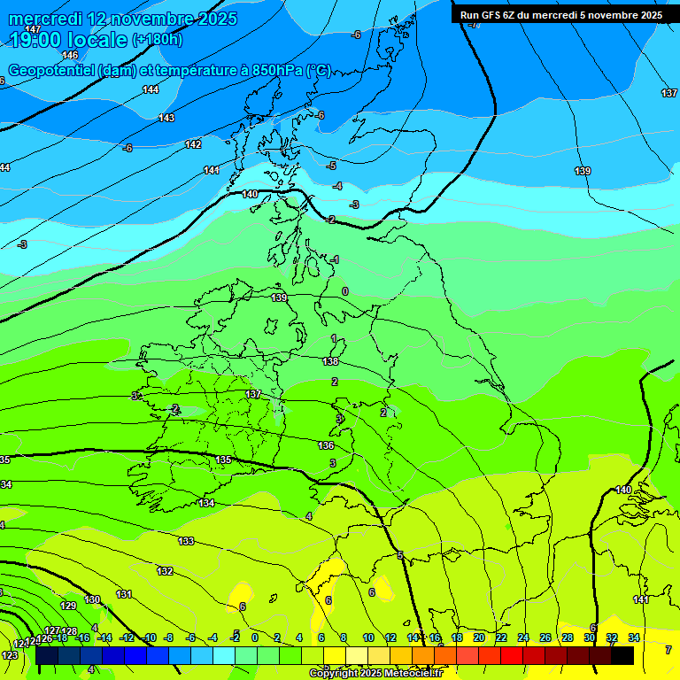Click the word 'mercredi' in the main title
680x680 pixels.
coord(46,19)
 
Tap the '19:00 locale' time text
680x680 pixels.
coord(67,39)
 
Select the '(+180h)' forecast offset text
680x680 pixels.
coord(158,40)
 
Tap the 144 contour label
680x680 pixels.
coord(151,89)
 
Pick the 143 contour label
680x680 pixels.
coord(166,118)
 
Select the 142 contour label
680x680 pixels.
coord(193,144)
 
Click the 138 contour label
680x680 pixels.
coord(330,361)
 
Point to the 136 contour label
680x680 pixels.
coord(326,445)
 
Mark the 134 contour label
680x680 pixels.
coord(206,503)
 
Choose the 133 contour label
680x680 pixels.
coord(186,541)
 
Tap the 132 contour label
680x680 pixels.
coord(165,571)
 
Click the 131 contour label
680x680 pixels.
coord(124,594)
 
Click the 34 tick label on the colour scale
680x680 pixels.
coord(634,637)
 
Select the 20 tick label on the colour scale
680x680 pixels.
coord(479,637)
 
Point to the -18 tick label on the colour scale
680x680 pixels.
coord(61,637)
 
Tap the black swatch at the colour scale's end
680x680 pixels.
coord(622,655)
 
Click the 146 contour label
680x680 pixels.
coord(70,55)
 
